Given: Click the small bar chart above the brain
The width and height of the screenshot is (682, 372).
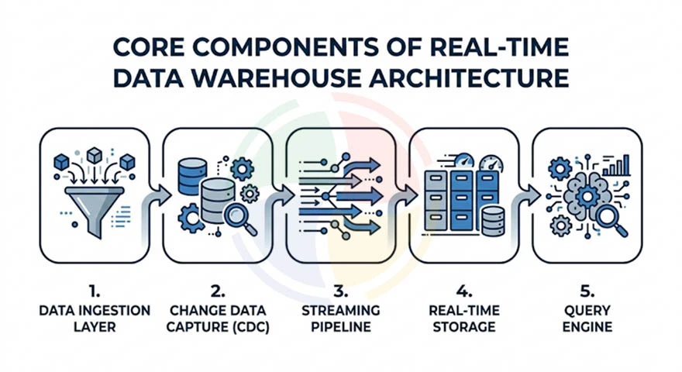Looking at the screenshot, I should coord(617,165).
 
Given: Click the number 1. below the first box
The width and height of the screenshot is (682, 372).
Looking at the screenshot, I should coord(95,292).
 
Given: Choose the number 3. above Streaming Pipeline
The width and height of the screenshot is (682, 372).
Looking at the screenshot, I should coord(339,292).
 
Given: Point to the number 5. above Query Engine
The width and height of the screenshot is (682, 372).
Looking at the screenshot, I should coord(587,292).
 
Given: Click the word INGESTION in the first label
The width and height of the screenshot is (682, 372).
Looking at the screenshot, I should coord(119,310).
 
